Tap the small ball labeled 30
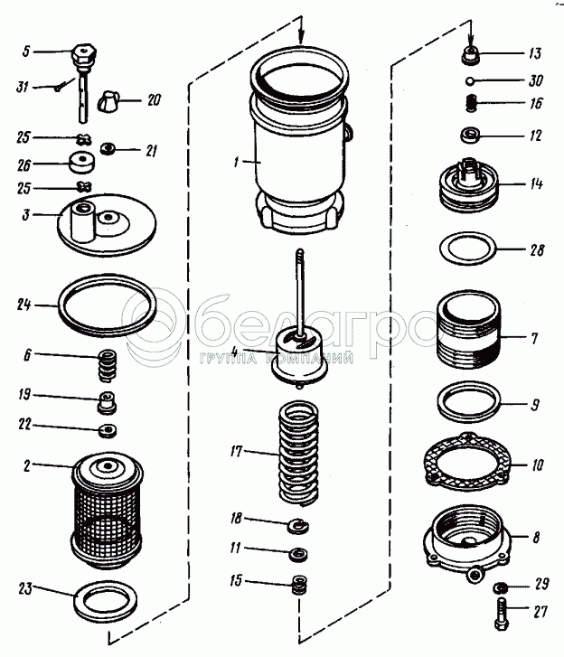pos(474,80)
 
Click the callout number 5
pos(26,51)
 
